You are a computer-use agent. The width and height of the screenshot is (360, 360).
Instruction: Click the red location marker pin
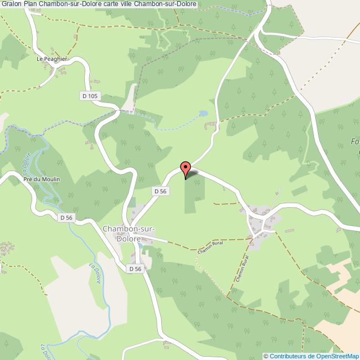coord(186,168)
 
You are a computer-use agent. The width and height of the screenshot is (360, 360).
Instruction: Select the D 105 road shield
coord(89,96)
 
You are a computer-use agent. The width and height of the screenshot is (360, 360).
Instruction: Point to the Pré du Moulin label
coord(42,179)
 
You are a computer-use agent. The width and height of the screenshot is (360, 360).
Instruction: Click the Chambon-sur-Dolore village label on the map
coord(128,233)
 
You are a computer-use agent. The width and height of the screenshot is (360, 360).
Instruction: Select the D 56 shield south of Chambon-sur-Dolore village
coord(135,269)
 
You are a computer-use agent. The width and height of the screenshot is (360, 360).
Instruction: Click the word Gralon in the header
coord(11,4)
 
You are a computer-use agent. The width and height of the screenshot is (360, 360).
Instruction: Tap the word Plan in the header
coord(31,4)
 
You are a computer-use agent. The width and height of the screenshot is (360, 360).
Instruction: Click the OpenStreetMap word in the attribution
coord(337,356)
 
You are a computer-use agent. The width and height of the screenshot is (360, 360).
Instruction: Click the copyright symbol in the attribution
coord(266,356)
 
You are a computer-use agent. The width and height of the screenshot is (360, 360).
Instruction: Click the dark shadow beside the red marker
coord(192,174)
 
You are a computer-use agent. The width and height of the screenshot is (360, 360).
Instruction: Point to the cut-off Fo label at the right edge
coord(355,141)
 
